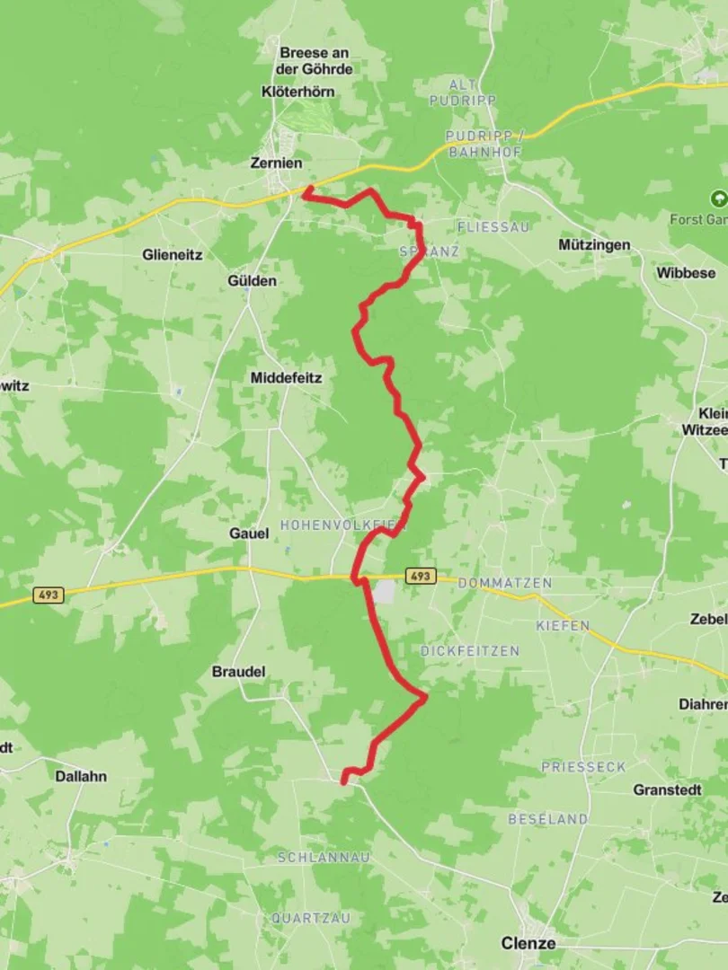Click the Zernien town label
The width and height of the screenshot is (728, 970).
[x=275, y=163]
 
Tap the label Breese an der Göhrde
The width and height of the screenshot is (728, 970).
[x=315, y=61]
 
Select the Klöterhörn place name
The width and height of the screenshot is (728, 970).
[x=299, y=92]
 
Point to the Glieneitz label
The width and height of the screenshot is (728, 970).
[x=172, y=254]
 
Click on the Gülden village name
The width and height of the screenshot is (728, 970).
[x=253, y=281]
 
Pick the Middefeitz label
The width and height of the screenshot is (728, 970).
[x=286, y=378]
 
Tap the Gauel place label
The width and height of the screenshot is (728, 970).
[x=249, y=533]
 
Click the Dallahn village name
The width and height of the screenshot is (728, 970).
[x=81, y=776]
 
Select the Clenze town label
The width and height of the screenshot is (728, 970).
[x=528, y=944]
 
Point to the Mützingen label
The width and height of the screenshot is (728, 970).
[x=594, y=244]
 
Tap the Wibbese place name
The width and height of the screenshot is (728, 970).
[x=686, y=272]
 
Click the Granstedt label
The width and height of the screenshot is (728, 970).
[x=668, y=790]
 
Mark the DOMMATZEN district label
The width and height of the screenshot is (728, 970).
[x=504, y=583]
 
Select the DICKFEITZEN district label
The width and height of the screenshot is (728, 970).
[x=470, y=650]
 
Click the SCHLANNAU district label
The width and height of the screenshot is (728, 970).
[x=324, y=858]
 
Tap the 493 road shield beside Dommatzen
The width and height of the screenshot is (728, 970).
[x=420, y=577]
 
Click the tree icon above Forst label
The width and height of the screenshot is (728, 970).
[x=717, y=198]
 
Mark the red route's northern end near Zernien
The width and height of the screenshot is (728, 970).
[x=306, y=190]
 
